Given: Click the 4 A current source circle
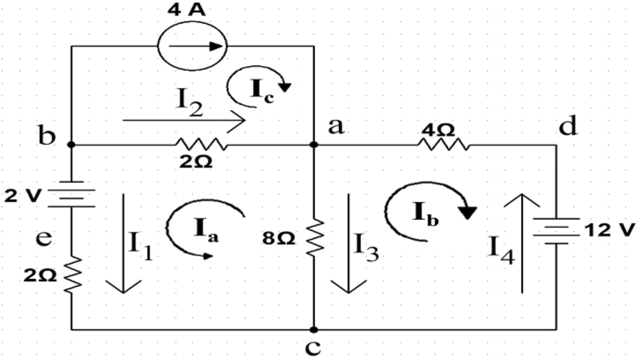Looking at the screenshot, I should coord(192,46).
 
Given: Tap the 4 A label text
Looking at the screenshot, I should coord(186,9).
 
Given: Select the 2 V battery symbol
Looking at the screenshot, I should coord(71,194).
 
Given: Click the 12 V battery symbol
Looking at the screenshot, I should coord(556,230).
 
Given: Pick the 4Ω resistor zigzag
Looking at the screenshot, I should coord(443,144).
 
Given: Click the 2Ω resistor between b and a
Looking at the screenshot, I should coord(201,144).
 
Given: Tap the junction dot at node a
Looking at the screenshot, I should coord(314,144).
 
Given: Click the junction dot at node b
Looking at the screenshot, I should coord(71,144).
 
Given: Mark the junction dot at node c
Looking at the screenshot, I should coord(314,330).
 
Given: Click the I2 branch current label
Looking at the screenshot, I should coord(190,102).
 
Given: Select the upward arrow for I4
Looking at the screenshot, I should coord(522,243).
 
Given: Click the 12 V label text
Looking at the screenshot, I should coord(610,230).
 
